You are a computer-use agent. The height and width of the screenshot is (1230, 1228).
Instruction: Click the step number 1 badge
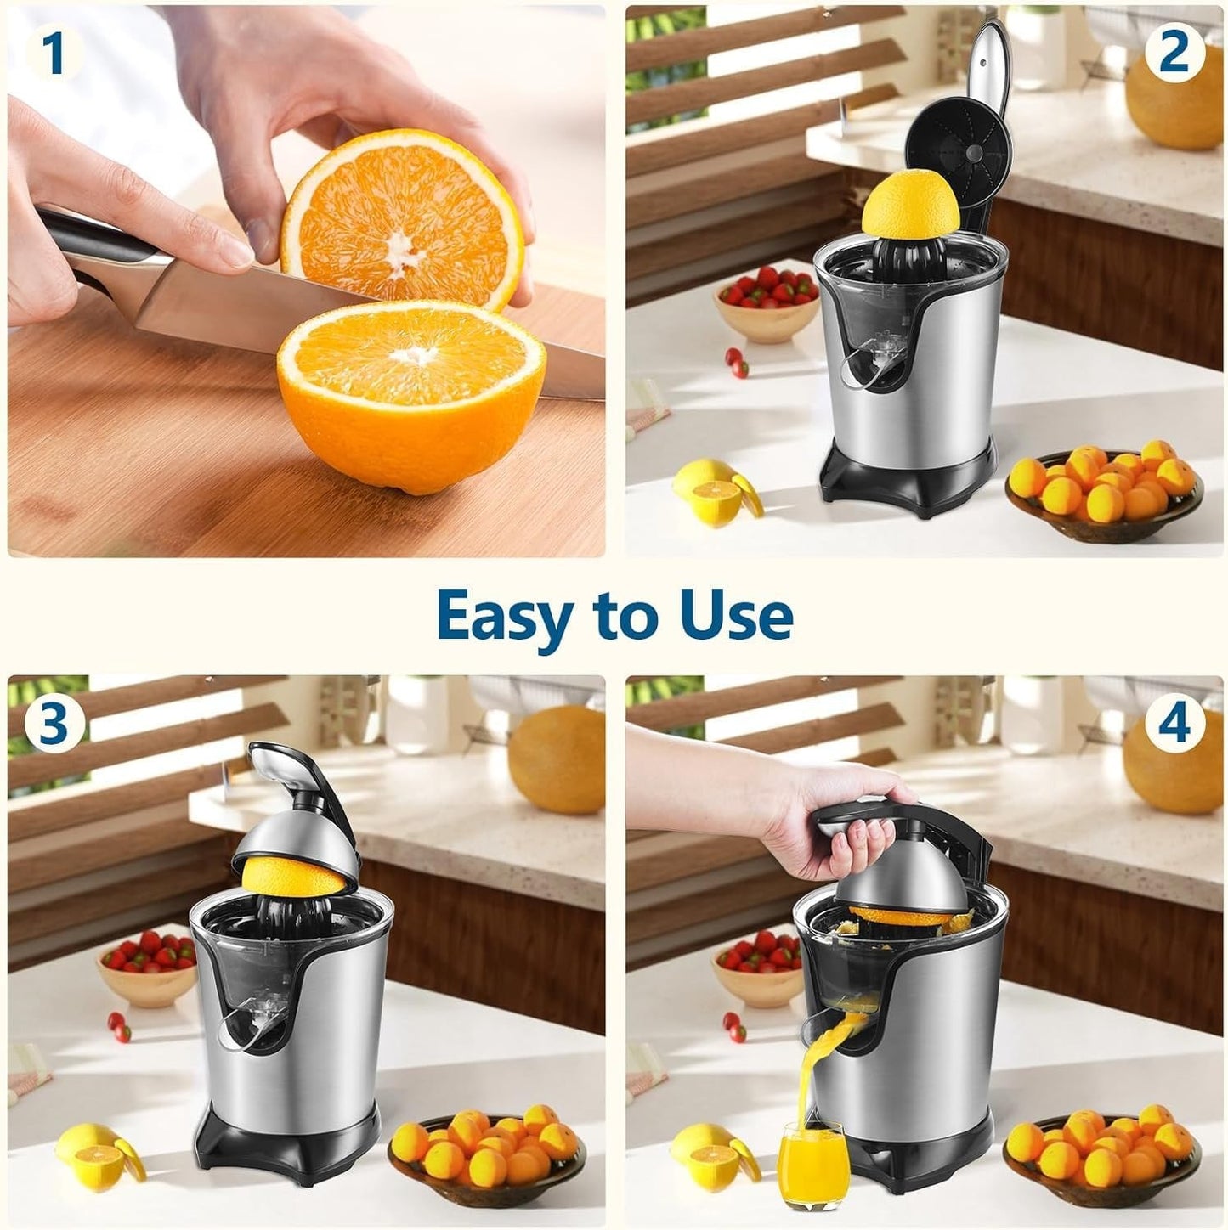pyautogui.click(x=54, y=54)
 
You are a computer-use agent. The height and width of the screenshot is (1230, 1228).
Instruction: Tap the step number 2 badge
pyautogui.click(x=1174, y=54)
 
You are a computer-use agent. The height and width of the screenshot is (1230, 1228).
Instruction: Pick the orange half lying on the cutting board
pyautogui.click(x=412, y=391)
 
